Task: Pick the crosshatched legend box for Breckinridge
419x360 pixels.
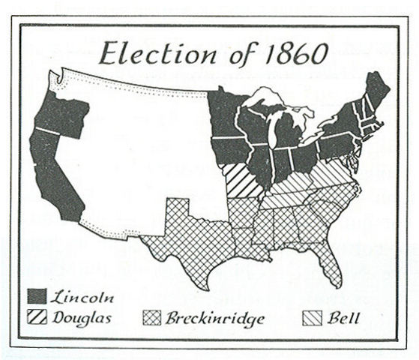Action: pos(151,318)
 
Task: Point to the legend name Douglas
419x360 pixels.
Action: pos(82,318)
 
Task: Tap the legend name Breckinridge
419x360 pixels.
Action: pos(215,319)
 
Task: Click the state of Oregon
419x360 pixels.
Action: pos(60,116)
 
